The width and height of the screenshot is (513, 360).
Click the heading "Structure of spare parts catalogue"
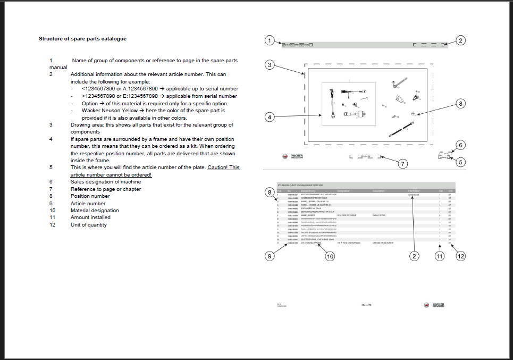[82, 38]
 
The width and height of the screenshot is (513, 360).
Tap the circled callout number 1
[270, 40]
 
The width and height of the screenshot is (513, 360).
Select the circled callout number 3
[270, 65]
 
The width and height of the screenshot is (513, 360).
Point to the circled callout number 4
[270, 116]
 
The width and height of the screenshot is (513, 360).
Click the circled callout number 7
[402, 164]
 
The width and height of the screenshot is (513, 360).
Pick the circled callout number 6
[461, 145]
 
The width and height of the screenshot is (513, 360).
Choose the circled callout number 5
[461, 162]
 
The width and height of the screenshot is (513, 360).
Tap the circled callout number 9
[270, 256]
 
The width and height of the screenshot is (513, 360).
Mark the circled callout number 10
[330, 256]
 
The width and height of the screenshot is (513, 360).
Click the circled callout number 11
[439, 256]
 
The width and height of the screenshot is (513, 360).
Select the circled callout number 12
[461, 256]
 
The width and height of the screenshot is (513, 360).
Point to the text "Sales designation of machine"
[106, 181]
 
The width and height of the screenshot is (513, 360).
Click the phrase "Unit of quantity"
[89, 224]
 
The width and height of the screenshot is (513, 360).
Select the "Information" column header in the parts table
[414, 190]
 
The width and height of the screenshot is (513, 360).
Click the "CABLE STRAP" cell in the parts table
[379, 215]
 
